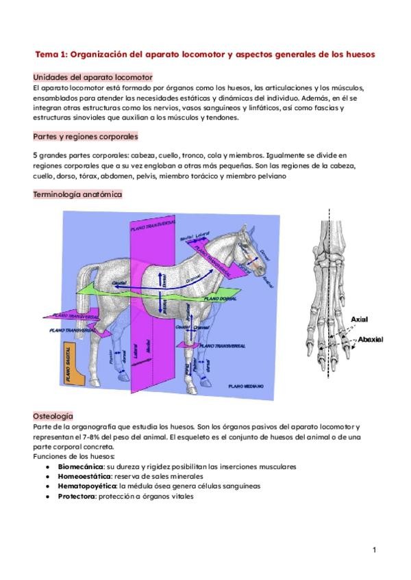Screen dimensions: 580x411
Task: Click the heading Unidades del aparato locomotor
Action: [92, 78]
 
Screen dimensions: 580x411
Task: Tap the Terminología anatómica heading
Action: [77, 194]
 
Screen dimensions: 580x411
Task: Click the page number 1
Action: [375, 550]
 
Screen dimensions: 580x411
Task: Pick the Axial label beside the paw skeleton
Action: [359, 319]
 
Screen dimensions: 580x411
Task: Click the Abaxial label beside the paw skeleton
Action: [367, 339]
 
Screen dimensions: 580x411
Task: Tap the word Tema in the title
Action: [47, 53]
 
